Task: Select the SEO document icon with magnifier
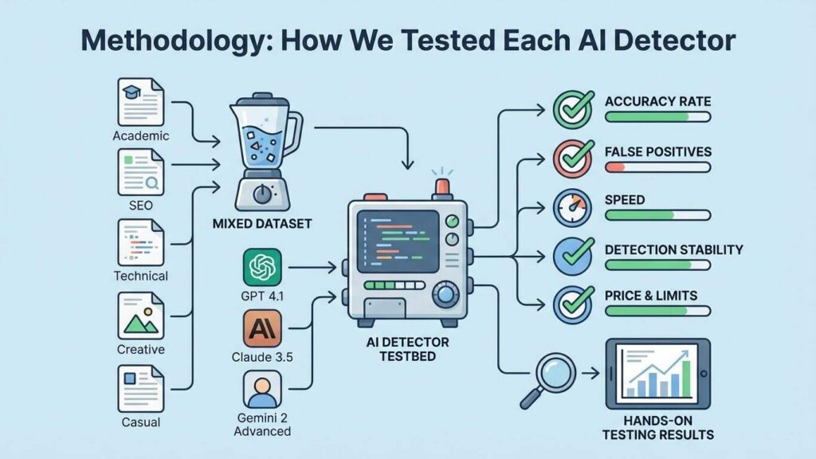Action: pyautogui.click(x=141, y=172)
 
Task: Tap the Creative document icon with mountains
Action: pyautogui.click(x=141, y=316)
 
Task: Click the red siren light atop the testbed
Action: pyautogui.click(x=441, y=186)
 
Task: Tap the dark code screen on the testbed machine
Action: pyautogui.click(x=399, y=240)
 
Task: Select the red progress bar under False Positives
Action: pyautogui.click(x=615, y=167)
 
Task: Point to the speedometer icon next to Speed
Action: pyautogui.click(x=573, y=208)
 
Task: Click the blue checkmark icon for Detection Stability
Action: pyautogui.click(x=573, y=257)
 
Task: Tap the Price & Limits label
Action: pyautogui.click(x=650, y=296)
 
